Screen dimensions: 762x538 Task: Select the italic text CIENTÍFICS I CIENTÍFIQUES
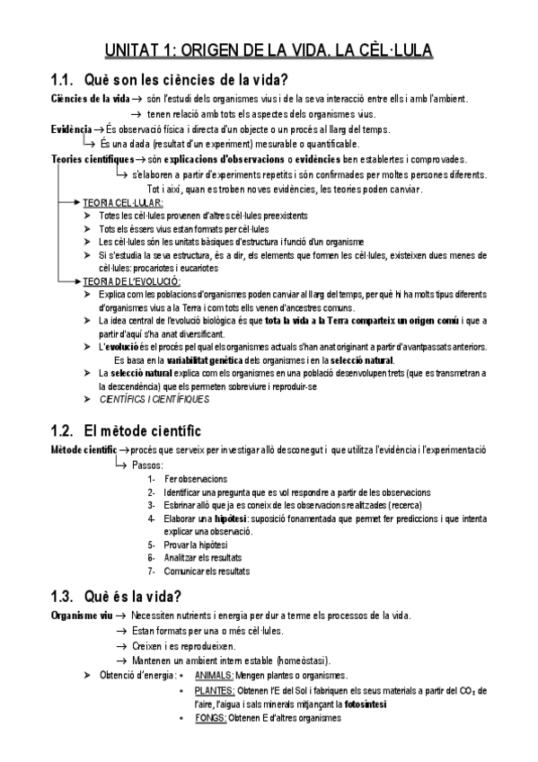[x=154, y=398]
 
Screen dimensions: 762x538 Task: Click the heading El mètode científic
[x=142, y=429]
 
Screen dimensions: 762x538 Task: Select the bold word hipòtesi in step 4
[x=232, y=518]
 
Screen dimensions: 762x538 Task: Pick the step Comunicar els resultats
[x=207, y=571]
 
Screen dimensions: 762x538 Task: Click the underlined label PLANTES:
[x=214, y=690]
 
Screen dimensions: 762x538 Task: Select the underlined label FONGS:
[x=210, y=719]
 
